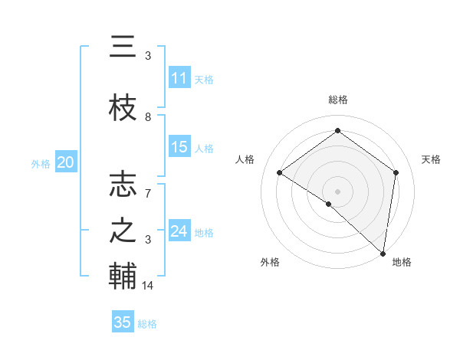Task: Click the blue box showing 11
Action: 179,78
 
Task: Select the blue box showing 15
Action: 179,147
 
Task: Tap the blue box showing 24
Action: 179,231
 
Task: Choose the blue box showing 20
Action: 66,162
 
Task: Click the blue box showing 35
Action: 123,322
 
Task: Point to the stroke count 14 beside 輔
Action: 149,286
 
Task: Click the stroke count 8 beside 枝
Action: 148,117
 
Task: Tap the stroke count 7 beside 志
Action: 148,186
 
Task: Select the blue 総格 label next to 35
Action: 147,324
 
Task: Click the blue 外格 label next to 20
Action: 41,163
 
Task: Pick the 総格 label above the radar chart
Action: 337,100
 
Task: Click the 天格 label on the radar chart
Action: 431,159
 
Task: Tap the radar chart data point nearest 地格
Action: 383,253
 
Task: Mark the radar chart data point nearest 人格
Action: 280,173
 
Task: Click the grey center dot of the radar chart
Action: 337,190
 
